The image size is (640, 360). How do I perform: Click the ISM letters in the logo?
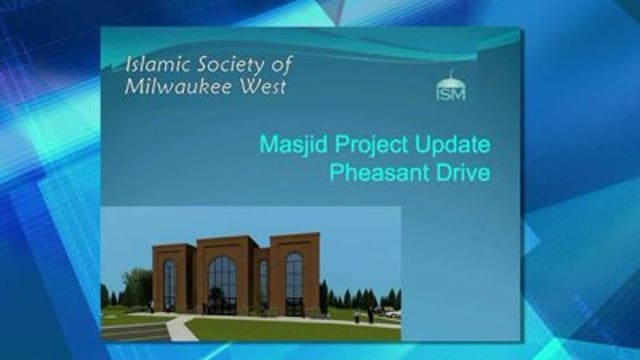[452, 94]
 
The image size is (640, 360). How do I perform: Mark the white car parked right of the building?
[392, 315]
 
